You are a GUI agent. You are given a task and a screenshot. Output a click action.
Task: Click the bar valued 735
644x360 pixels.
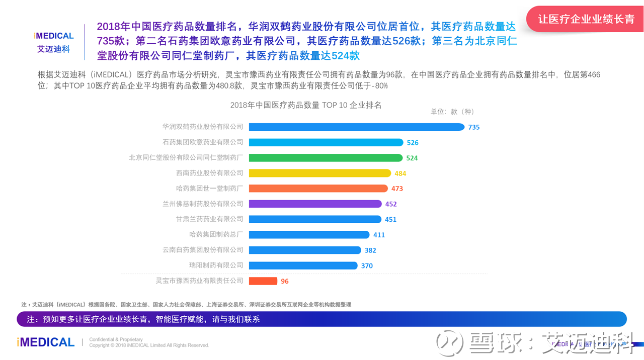[357, 127]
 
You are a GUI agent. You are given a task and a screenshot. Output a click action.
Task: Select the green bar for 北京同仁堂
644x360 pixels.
[326, 158]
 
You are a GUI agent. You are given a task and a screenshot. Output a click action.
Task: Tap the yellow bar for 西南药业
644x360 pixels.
[320, 173]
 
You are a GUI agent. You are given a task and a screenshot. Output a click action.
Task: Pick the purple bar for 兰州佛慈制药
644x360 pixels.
[315, 204]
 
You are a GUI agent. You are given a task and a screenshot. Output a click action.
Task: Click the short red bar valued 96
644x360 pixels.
[263, 281]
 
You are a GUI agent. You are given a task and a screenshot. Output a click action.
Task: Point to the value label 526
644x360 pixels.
[413, 142]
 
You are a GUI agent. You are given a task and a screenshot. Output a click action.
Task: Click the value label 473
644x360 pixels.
[397, 189]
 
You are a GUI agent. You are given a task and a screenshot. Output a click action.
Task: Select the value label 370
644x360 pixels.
[367, 266]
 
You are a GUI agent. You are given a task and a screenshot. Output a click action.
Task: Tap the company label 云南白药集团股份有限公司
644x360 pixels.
[203, 250]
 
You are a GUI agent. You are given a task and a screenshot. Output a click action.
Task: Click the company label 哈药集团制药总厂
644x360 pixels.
[216, 234]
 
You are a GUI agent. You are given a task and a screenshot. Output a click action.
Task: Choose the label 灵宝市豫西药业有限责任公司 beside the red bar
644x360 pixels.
[200, 281]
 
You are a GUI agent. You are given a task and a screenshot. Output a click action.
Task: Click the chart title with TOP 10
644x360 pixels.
[306, 105]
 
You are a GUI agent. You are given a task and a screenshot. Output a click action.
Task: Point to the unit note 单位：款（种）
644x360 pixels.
[452, 112]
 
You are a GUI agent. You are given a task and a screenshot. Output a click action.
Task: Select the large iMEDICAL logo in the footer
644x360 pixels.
[46, 342]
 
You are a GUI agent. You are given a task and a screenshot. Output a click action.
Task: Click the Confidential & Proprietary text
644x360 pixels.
[116, 339]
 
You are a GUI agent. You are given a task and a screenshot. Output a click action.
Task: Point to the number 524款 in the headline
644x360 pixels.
[346, 55]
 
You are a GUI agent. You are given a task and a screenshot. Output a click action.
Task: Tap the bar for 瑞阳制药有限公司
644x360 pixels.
[303, 265]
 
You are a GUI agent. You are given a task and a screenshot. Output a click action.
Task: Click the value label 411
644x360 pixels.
[379, 235]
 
